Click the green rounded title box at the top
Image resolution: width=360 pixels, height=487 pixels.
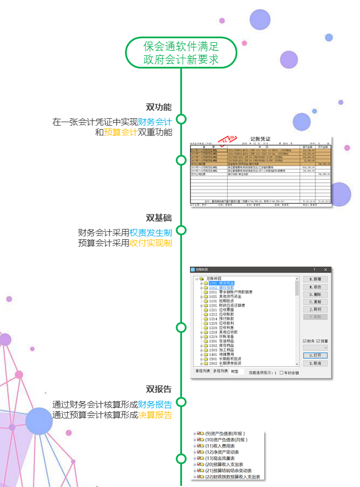181,53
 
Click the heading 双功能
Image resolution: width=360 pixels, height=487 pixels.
159,107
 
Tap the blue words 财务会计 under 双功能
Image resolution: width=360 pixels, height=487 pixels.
155,122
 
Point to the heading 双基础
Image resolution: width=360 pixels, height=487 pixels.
159,218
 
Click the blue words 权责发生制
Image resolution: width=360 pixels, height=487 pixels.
151,232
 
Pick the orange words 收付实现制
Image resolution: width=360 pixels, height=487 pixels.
151,243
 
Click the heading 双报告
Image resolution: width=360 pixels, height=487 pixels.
159,389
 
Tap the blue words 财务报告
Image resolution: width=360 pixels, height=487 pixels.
155,404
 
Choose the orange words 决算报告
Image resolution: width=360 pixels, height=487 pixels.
155,415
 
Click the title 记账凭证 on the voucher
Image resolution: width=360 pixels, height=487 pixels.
260,139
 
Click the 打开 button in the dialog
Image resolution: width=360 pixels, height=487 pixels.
315,355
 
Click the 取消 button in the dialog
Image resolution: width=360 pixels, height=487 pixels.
315,363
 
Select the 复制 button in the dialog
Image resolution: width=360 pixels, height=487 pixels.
315,301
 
